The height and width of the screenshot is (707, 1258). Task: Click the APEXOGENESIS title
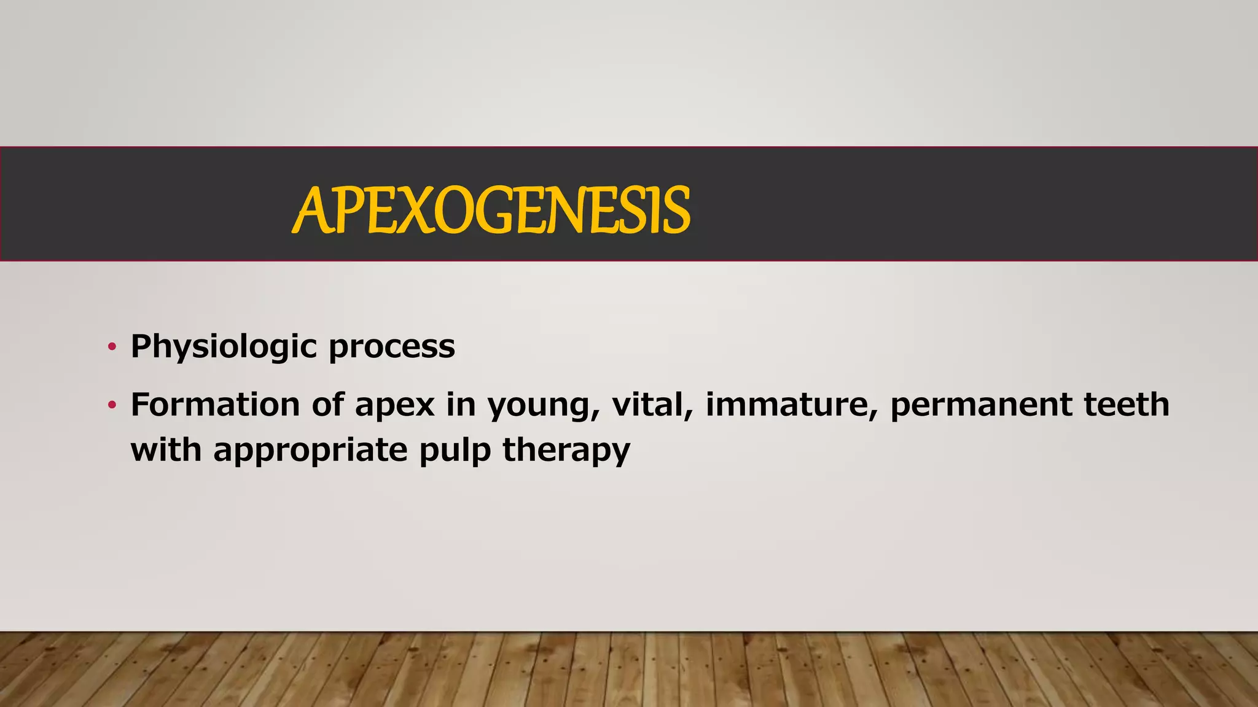[x=491, y=210]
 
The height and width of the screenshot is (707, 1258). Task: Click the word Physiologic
[x=224, y=347]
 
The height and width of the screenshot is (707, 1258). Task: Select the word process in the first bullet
[x=392, y=347]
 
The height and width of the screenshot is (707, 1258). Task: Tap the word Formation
[x=214, y=405]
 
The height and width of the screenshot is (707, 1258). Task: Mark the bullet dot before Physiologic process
[x=111, y=347]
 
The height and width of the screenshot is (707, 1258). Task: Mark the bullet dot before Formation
[x=111, y=406]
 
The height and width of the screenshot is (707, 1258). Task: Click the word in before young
[x=461, y=405]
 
